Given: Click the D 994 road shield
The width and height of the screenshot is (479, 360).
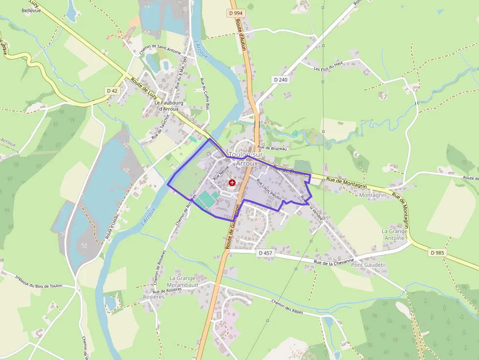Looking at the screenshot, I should click(x=236, y=13).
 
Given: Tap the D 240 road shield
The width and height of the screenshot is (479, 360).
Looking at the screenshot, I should click(x=281, y=79).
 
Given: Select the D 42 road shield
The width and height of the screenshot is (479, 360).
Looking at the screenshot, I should click(x=112, y=91).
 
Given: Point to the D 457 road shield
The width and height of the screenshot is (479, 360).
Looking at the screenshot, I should click(x=265, y=253).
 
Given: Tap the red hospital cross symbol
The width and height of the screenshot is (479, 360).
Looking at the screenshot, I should click(x=232, y=182).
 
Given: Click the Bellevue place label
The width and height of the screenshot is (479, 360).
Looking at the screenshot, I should click(x=31, y=10).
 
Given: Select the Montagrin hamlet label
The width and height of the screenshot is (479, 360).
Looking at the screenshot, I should click(x=372, y=195).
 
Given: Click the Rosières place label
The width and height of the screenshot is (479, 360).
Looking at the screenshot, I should click(x=154, y=297).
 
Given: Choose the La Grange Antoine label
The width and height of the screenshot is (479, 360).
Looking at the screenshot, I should click(x=394, y=234).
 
